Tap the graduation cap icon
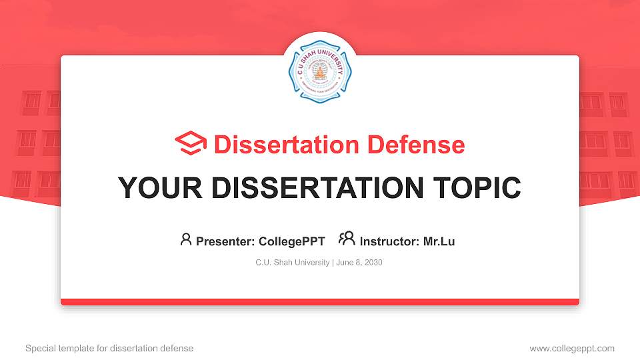[191, 144]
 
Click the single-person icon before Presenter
[186, 239]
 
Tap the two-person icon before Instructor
[347, 239]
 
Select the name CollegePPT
[292, 241]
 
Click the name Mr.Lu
[439, 241]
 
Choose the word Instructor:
[389, 241]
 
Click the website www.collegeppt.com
[572, 348]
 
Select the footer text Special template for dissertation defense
[109, 348]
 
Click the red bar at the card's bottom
[319, 302]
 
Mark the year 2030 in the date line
[373, 263]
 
